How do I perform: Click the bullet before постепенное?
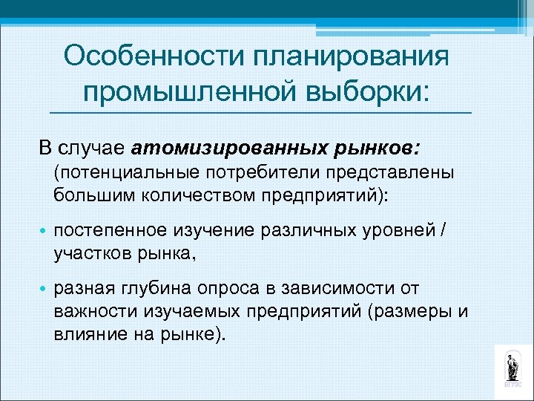click(43, 231)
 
